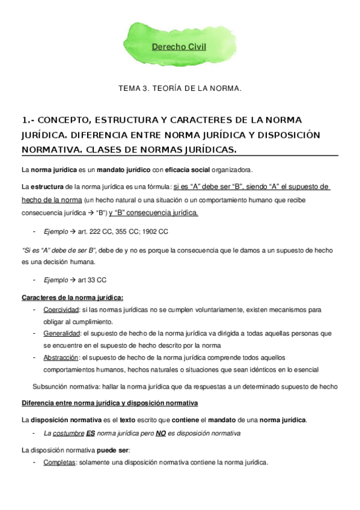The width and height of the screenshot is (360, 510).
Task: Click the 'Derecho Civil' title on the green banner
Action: point(178,46)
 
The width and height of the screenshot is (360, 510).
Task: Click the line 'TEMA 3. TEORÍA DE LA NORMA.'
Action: point(180,88)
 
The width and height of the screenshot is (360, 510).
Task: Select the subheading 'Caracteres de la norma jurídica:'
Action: point(73,298)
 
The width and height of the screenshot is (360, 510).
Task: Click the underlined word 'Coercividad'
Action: point(61,310)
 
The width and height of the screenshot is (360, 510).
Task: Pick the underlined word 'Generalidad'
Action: point(62,333)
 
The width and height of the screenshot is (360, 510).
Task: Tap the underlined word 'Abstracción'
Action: point(61,357)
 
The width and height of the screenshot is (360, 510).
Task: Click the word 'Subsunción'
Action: point(51,387)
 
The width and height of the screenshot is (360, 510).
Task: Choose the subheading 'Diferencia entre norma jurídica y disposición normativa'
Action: point(110,402)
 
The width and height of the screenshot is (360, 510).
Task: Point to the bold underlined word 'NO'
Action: point(160,433)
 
